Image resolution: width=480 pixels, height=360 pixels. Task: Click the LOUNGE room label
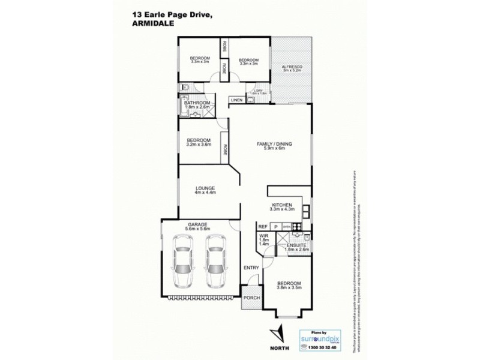[x=205, y=188]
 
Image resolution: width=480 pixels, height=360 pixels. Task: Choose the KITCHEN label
[x=281, y=205]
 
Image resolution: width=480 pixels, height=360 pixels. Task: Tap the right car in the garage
[x=215, y=261]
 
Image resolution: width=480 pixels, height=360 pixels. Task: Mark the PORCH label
[x=251, y=298]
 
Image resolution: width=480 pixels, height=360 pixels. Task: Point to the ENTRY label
[x=250, y=268]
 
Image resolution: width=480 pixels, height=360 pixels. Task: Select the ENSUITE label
[x=296, y=244]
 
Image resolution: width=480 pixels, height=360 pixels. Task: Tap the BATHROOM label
[x=197, y=103]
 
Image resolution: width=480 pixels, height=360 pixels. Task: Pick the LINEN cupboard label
[x=237, y=100]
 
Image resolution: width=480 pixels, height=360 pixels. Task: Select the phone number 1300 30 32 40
[x=319, y=347]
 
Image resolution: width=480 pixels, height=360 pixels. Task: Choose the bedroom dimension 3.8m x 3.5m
[x=289, y=288]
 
